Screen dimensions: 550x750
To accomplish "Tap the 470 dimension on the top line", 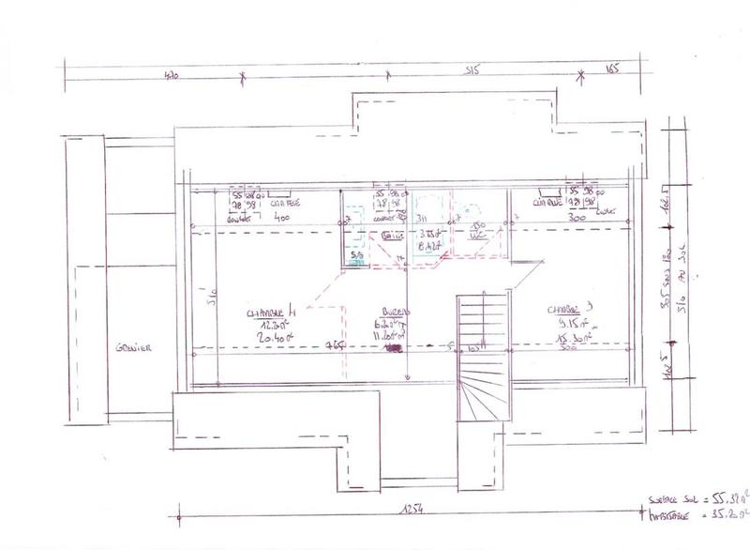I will [172, 74].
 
